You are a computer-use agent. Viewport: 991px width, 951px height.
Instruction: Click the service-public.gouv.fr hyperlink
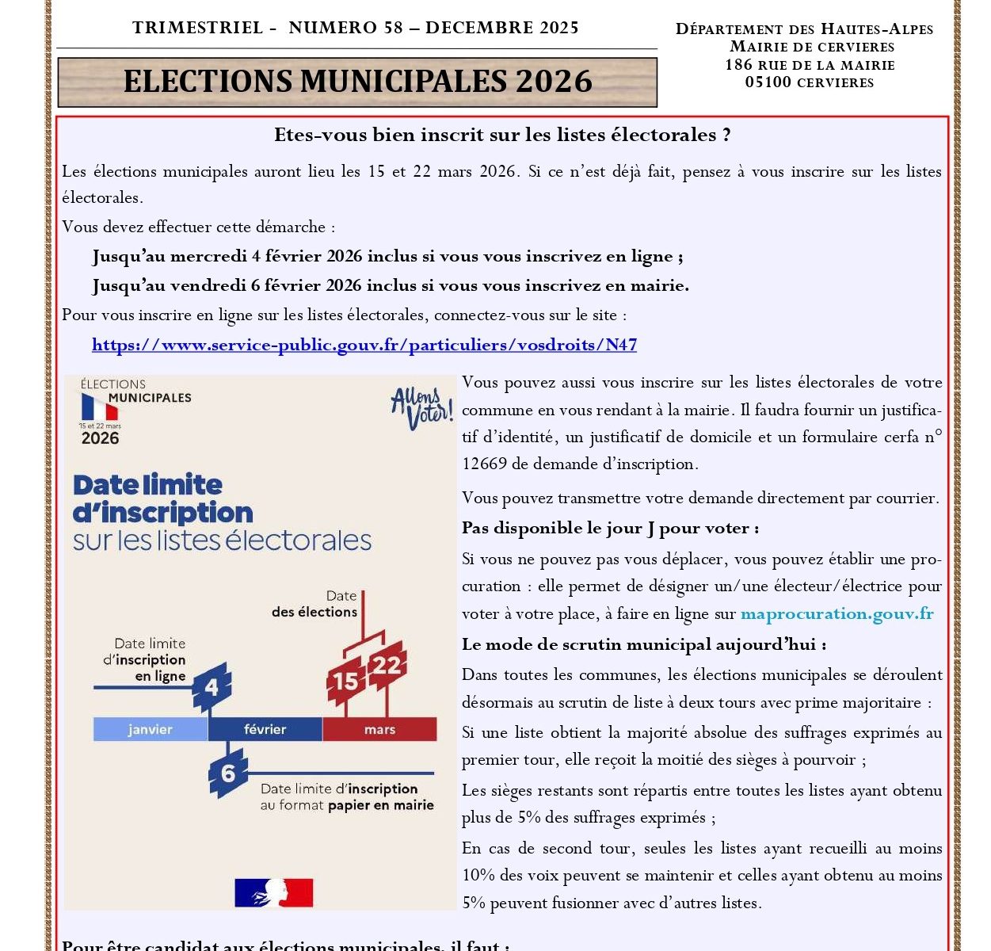(x=364, y=345)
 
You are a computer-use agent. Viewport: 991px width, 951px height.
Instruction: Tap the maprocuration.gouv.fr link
(x=837, y=614)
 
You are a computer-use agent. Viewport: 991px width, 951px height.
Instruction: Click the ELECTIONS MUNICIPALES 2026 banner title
(x=358, y=82)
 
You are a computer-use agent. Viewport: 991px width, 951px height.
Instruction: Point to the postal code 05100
(x=768, y=82)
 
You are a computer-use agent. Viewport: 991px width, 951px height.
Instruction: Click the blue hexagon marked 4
(x=212, y=686)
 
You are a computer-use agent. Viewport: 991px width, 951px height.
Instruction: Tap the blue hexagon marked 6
(x=227, y=773)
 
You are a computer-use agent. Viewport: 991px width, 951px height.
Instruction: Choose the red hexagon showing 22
(x=387, y=664)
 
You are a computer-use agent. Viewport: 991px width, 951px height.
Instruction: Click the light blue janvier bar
(x=151, y=729)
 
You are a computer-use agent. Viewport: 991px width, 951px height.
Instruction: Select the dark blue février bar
(x=265, y=729)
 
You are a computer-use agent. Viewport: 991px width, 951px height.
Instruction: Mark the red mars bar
(x=379, y=729)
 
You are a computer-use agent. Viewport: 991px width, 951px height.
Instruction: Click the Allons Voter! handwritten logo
(x=422, y=407)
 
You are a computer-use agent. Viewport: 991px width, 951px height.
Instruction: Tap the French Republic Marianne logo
(x=274, y=892)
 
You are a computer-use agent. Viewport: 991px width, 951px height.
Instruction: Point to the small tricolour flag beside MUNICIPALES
(x=99, y=407)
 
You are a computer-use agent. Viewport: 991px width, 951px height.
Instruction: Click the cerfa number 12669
(x=484, y=464)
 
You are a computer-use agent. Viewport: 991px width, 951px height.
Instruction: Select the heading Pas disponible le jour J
(x=610, y=529)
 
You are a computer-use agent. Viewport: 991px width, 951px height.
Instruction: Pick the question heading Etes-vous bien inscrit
(x=502, y=136)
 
